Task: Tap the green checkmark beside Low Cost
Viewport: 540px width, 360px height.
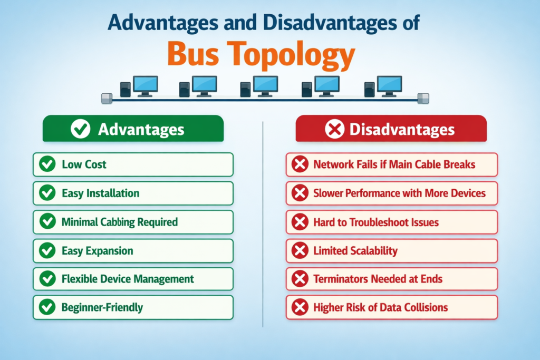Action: point(47,164)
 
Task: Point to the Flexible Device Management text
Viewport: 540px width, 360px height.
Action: point(128,279)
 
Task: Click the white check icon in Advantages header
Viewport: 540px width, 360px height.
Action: point(80,129)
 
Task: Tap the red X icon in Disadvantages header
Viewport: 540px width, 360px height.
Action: point(334,129)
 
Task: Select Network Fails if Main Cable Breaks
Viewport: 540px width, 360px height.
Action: point(394,164)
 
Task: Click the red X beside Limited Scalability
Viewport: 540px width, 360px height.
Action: point(300,250)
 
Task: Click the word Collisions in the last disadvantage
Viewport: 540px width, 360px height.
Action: point(424,307)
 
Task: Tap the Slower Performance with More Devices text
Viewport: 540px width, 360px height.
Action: point(399,193)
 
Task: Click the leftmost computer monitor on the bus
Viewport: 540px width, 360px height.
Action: point(145,84)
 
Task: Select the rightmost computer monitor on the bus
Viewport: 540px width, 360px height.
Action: point(390,84)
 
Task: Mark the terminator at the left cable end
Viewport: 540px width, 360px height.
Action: point(107,98)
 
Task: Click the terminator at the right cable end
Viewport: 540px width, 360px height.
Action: point(423,98)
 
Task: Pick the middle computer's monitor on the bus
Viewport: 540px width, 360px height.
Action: point(265,84)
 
